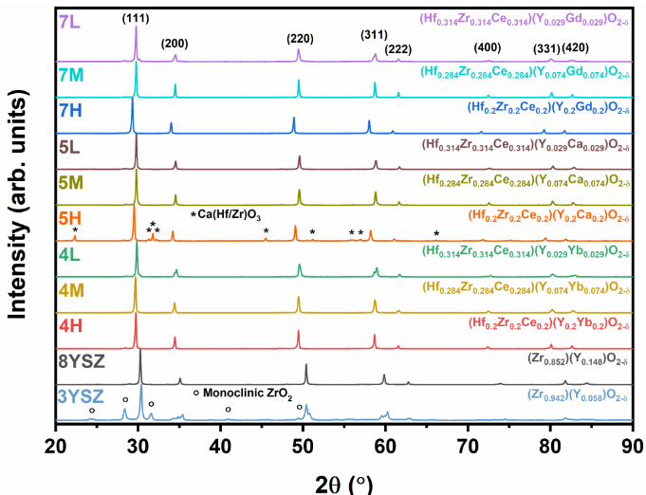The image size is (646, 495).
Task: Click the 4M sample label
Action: (x=72, y=290)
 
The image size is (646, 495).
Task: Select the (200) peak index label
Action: (x=175, y=44)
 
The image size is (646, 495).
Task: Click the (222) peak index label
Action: (x=398, y=48)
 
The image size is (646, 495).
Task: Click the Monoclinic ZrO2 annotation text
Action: (x=249, y=392)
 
